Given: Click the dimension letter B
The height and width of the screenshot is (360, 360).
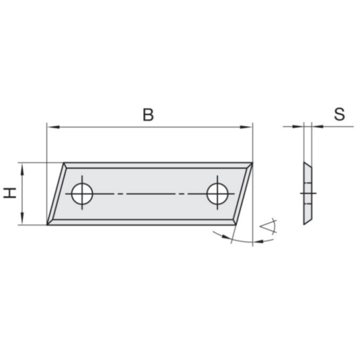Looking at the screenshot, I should click(x=147, y=115).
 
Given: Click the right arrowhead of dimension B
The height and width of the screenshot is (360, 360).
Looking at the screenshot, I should click(x=247, y=127).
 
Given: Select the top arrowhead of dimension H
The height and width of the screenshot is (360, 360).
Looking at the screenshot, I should click(x=23, y=168).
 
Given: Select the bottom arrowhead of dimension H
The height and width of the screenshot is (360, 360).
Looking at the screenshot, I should click(x=23, y=220).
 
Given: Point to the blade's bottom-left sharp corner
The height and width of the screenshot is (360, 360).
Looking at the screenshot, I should click(x=48, y=224).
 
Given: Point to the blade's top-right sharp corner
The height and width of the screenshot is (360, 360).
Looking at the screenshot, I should click(x=252, y=164).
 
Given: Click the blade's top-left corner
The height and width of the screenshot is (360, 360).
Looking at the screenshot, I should click(x=65, y=164).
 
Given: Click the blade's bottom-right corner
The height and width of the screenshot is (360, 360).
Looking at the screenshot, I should click(x=235, y=224).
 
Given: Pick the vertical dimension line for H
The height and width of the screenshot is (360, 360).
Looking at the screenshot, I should click(x=23, y=194).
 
